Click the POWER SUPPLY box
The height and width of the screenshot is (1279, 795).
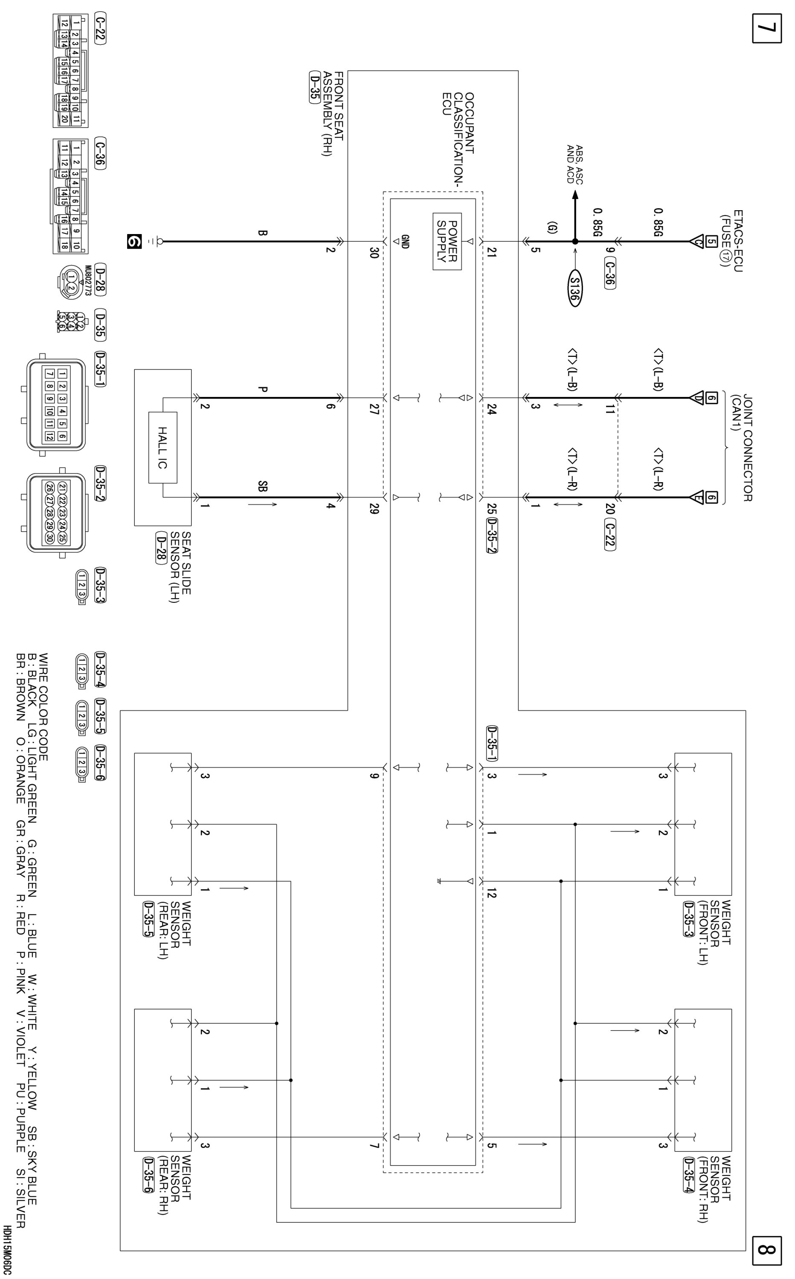tap(447, 241)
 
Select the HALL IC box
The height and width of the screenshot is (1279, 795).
tap(162, 447)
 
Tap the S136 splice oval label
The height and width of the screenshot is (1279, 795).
tap(574, 289)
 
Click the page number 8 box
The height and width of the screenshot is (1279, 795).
tap(766, 1252)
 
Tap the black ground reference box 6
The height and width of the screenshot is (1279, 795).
tap(135, 241)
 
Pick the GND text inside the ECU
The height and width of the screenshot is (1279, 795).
tap(405, 241)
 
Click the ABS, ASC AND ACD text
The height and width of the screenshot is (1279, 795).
tap(574, 164)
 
